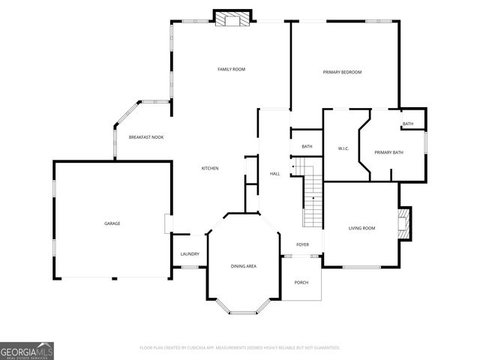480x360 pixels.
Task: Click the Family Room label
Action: [x=231, y=69]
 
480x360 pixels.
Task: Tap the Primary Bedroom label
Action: [x=342, y=72]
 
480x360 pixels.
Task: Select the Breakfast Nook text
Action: [x=145, y=137]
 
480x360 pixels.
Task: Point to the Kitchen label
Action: [x=210, y=169]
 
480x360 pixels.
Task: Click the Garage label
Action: [x=112, y=223]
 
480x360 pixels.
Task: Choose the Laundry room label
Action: [x=190, y=253]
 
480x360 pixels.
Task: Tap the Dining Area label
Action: [x=243, y=266]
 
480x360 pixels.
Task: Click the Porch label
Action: [x=301, y=283]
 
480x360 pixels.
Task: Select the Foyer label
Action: [x=302, y=244]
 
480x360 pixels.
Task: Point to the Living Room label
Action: [x=361, y=228]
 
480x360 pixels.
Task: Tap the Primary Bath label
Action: [x=388, y=152]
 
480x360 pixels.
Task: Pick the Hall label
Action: [x=274, y=174]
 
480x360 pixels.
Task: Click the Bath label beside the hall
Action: [x=307, y=146]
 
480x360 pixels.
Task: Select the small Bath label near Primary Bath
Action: [x=407, y=124]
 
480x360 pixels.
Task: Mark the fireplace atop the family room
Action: [x=232, y=19]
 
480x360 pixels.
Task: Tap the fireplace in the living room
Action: [x=406, y=223]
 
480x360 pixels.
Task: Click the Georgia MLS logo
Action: [x=27, y=350]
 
